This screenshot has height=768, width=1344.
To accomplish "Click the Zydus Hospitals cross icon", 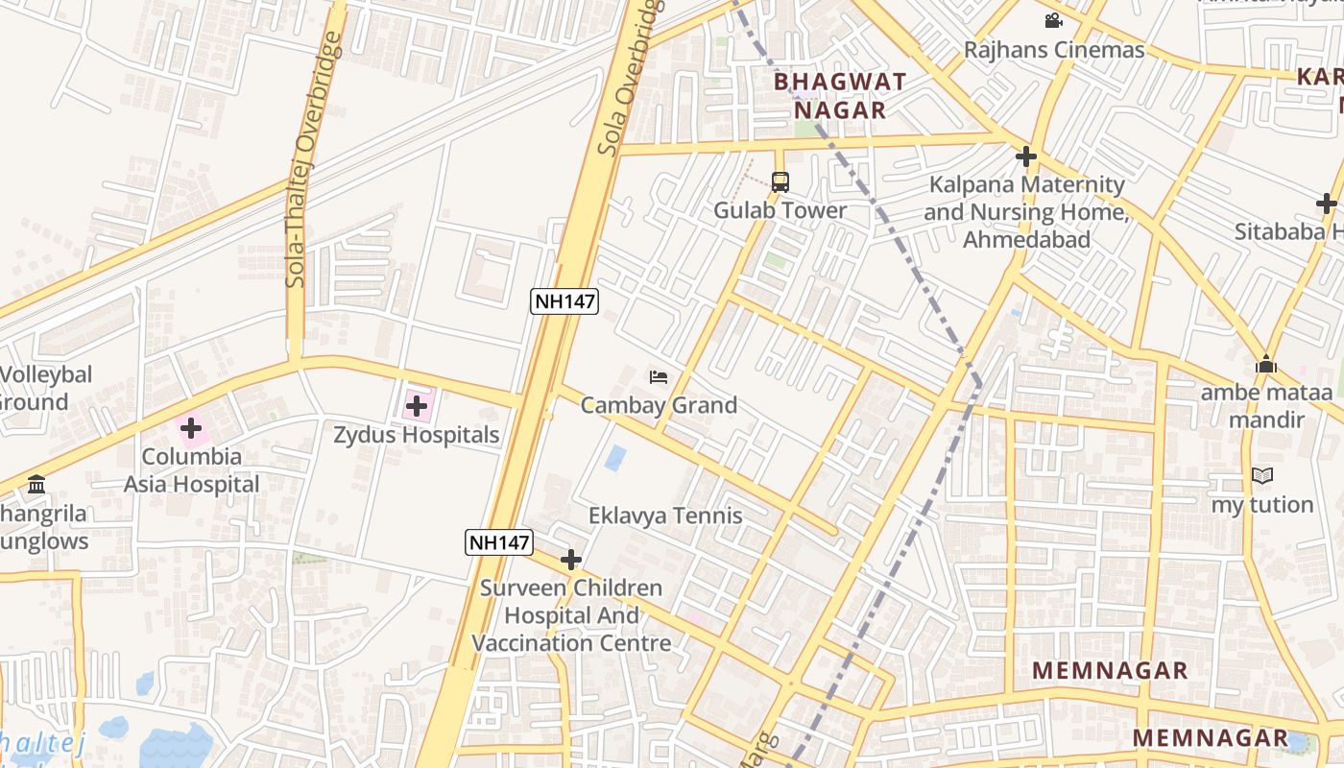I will point(417,406).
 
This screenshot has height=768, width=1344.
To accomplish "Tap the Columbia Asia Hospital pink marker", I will point(191,428).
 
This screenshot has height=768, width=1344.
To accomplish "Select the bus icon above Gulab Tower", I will point(780,181).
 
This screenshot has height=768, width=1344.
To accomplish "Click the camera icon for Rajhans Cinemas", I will point(1053,20).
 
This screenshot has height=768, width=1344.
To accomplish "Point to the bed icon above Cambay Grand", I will point(659,377).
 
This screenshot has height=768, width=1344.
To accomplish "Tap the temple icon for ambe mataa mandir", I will point(1266,365).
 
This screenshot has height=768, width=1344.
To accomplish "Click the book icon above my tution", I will point(1262,476).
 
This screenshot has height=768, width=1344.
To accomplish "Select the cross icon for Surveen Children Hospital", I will point(571,560).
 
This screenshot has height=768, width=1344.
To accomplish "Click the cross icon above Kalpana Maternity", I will point(1026,156).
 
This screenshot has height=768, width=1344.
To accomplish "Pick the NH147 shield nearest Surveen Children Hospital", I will point(499,542).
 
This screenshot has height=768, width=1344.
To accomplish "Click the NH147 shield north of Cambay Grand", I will point(565,301).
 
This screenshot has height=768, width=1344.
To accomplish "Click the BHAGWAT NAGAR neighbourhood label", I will point(840,95).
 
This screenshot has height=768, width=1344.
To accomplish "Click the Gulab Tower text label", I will point(780,210).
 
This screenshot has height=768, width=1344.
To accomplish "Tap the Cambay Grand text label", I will point(659,405).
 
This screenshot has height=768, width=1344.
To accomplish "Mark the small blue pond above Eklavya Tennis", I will point(615,458).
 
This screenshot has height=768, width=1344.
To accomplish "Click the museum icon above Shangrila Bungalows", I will point(36,484).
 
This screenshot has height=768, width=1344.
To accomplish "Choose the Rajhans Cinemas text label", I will point(1054,50).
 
